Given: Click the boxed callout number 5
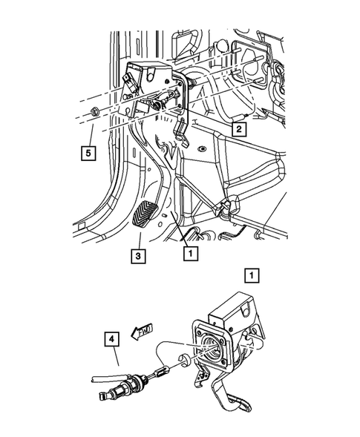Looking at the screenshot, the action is [x=88, y=153].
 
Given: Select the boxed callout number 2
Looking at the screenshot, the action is [x=239, y=129].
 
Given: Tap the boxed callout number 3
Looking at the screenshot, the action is [x=138, y=256].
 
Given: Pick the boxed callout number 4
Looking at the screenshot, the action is [x=111, y=339].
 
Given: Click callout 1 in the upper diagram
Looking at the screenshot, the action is [x=191, y=253].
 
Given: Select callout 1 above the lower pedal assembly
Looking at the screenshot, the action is [x=252, y=276].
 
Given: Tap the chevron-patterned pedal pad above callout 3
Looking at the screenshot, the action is [x=144, y=216].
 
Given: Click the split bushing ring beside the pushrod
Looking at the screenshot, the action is [x=184, y=360].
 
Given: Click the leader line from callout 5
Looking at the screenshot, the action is [x=91, y=135].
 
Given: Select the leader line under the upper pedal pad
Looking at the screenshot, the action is [x=140, y=241].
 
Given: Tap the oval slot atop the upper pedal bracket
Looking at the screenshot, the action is [x=150, y=73].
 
